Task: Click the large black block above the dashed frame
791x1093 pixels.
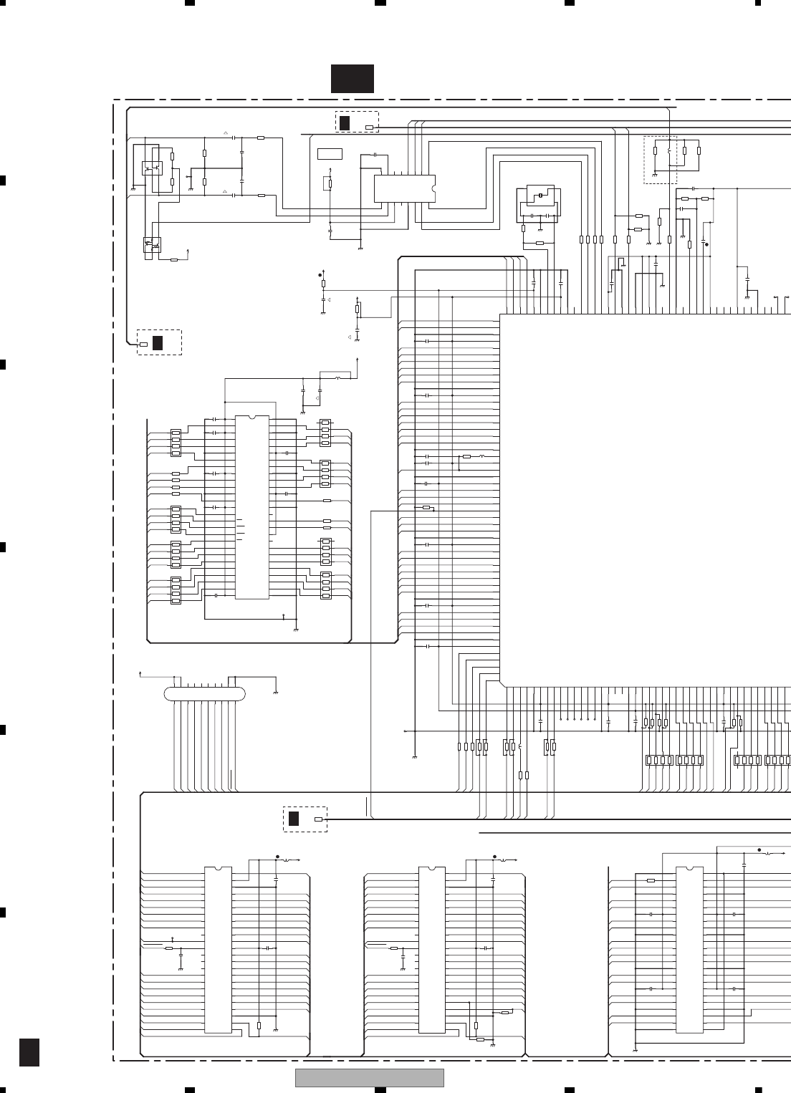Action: tap(352, 79)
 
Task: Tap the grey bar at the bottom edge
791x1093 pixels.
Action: tap(370, 1077)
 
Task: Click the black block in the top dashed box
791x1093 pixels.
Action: tap(345, 122)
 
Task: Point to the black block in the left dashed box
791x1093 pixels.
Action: tap(158, 342)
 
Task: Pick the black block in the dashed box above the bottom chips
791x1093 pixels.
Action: tap(293, 819)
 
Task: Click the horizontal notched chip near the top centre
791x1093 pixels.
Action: tap(404, 188)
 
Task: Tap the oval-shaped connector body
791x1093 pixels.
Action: tap(204, 693)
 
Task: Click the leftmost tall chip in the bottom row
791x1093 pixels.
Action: tap(218, 950)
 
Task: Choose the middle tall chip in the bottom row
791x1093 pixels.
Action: tap(431, 950)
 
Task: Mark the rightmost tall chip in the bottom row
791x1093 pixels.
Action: tap(689, 950)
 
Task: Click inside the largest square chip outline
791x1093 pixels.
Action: tap(645, 501)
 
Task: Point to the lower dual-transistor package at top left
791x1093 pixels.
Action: tap(152, 244)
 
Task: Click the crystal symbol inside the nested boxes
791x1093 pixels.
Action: tap(540, 195)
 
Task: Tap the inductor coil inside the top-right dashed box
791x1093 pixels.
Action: tap(669, 151)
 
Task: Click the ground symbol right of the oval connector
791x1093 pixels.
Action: tap(276, 692)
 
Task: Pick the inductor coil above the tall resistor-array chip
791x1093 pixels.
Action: tap(337, 377)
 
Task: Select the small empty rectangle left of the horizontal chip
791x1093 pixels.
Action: tap(330, 153)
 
